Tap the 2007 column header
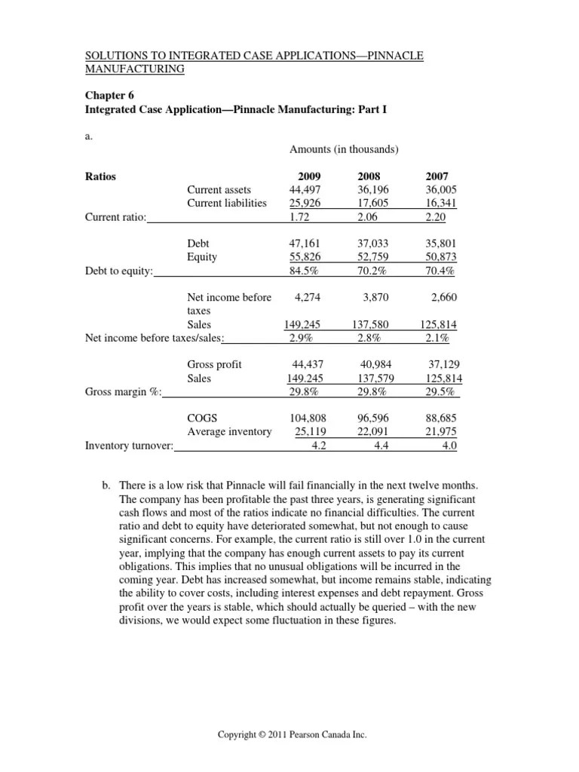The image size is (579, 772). pos(443,176)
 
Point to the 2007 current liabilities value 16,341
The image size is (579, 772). pos(441,204)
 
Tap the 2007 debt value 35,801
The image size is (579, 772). pos(441,244)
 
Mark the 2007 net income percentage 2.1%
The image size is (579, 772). pos(441,338)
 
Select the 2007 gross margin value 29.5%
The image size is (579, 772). pos(441,392)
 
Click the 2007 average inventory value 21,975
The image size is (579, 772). pos(441,432)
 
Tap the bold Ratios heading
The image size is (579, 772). pos(102,176)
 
